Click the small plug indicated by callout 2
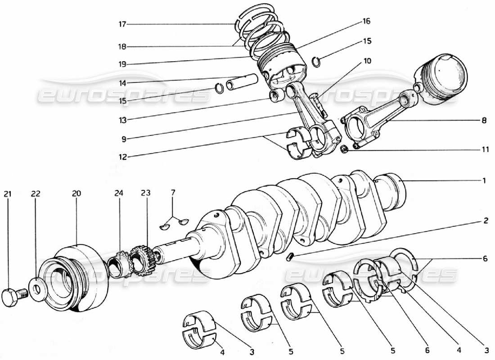click(x=290, y=256)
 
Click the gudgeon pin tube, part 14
click(x=242, y=82)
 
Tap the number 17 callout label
click(x=122, y=25)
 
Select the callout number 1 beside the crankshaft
click(x=484, y=181)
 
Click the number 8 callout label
click(x=484, y=121)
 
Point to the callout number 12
click(x=122, y=157)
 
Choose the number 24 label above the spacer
click(x=118, y=193)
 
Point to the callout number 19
click(x=122, y=64)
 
